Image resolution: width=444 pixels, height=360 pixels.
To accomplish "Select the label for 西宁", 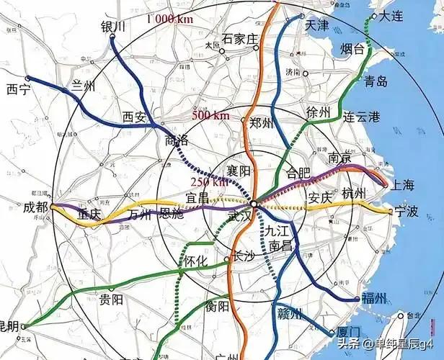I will coord(19,89).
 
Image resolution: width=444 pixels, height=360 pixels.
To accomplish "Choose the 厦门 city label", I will coord(352,333).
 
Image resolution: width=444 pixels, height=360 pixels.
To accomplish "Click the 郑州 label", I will coord(262,123).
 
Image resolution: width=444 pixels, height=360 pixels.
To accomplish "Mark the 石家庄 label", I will coord(240,38).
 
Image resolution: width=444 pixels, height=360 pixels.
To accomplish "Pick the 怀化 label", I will coord(196,262).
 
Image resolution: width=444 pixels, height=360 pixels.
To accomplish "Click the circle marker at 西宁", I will coord(27,78).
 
